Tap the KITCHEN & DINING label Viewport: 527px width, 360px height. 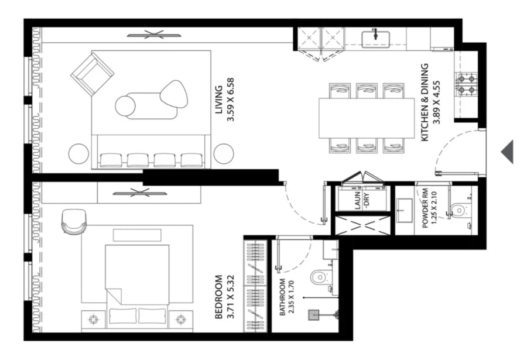426,102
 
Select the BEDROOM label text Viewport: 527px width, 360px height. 218,297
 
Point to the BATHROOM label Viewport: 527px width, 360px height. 282,297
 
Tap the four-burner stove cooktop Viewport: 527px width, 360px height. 466,84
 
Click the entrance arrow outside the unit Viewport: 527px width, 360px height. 507,152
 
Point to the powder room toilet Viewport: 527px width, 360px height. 459,209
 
